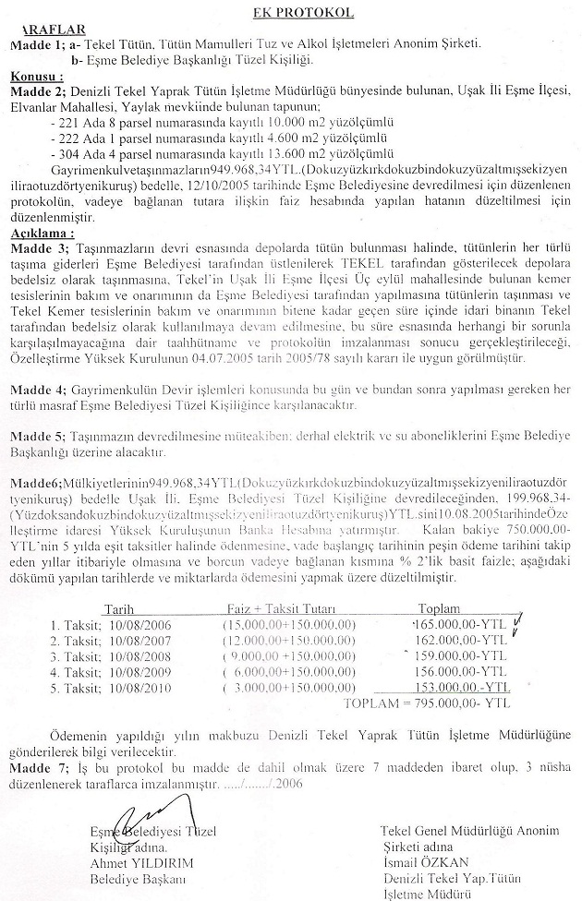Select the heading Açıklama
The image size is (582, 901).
[41, 234]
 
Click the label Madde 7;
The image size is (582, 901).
[37, 768]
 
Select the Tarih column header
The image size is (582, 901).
[122, 610]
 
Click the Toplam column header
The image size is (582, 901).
[440, 610]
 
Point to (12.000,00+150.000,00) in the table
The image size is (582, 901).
[289, 640]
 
